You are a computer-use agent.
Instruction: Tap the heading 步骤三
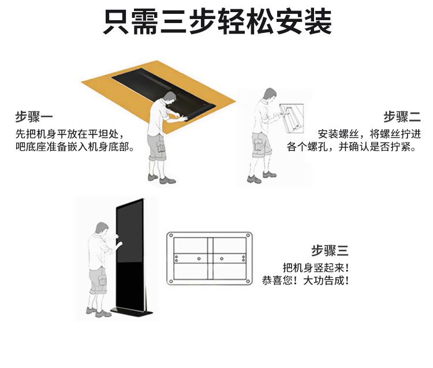[x=330, y=251]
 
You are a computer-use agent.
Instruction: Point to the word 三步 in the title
[x=197, y=22]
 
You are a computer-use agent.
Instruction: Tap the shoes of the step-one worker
[x=162, y=179]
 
